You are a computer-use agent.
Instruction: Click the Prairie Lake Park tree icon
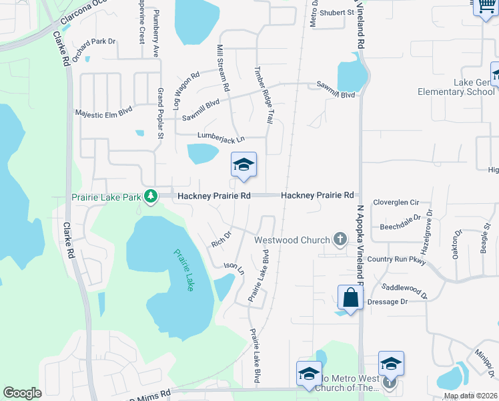[x=151, y=196]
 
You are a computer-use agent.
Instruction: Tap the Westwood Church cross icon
[x=340, y=239]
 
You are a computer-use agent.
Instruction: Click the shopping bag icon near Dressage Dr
[x=350, y=297]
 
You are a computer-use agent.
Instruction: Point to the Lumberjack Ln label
[x=221, y=137]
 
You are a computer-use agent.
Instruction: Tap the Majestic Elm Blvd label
[x=104, y=113]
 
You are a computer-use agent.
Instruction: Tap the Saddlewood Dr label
[x=404, y=289]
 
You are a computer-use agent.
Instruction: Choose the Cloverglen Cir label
[x=396, y=202]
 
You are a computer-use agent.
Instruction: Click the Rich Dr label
[x=220, y=239]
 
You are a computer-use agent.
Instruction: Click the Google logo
[x=22, y=393]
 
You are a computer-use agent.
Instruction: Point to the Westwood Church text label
[x=292, y=240]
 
